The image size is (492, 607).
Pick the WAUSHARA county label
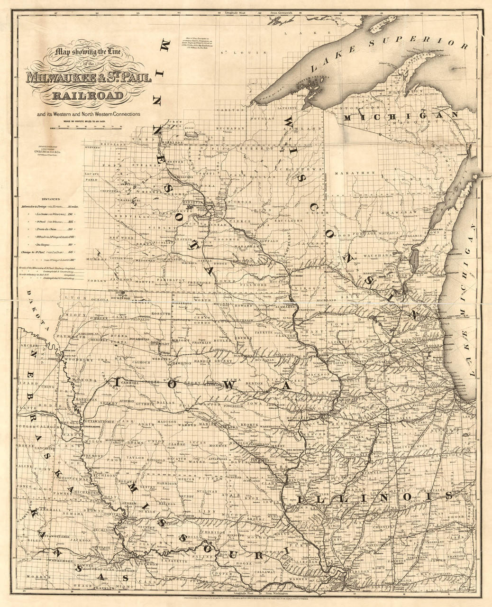pos(364,256)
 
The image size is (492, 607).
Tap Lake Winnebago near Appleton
pos(412,260)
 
